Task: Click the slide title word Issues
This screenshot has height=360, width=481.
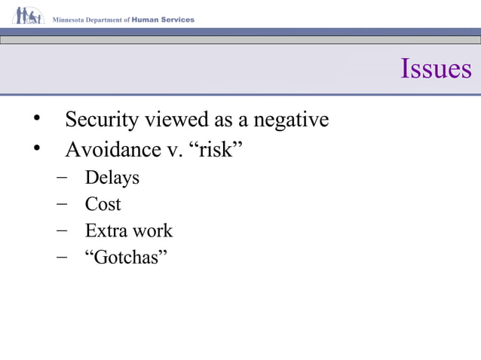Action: click(x=436, y=69)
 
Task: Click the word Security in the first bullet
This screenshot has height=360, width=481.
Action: click(x=102, y=120)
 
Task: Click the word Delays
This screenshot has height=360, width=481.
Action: click(x=112, y=178)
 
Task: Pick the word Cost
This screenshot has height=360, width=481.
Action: click(x=103, y=204)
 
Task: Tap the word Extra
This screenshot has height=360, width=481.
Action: click(x=104, y=230)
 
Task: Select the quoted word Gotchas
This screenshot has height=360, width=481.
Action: click(x=126, y=257)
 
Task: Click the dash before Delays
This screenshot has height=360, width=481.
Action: click(x=61, y=178)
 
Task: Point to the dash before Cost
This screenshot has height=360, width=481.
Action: click(x=61, y=204)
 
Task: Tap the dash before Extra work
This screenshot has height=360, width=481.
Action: click(x=61, y=230)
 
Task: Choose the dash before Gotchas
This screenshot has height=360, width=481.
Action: click(x=61, y=257)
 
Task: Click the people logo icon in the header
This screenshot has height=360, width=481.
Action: click(x=28, y=16)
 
